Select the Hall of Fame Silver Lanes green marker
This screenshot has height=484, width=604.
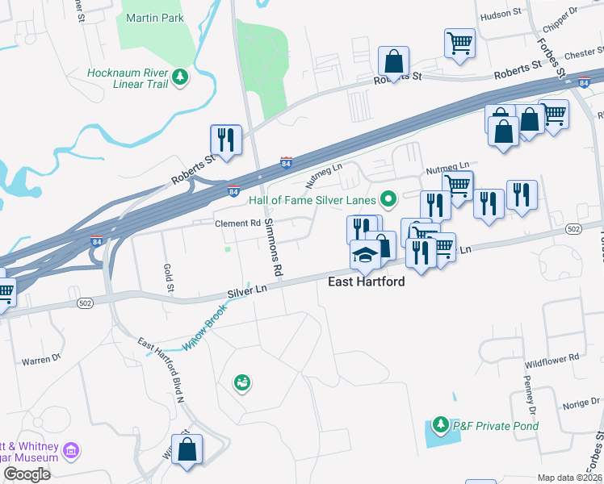pyautogui.click(x=388, y=198)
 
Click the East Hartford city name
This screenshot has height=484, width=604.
pyautogui.click(x=366, y=282)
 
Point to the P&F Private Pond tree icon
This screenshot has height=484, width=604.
pyautogui.click(x=440, y=424)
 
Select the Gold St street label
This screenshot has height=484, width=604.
pyautogui.click(x=169, y=277)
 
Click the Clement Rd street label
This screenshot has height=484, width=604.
pyautogui.click(x=237, y=223)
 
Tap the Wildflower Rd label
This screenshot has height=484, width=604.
pyautogui.click(x=552, y=357)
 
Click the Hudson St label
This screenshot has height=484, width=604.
pyautogui.click(x=501, y=15)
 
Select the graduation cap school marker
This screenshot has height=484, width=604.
pyautogui.click(x=365, y=255)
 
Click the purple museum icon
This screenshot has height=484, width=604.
pyautogui.click(x=71, y=449)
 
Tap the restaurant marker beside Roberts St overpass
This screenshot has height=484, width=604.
pyautogui.click(x=226, y=140)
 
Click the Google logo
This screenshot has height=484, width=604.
pyautogui.click(x=27, y=474)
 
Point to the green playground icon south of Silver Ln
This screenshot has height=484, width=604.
pyautogui.click(x=241, y=382)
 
